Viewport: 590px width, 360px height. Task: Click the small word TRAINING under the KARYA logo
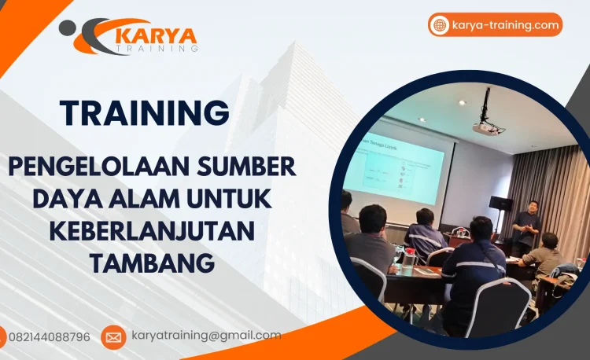click(x=157, y=49)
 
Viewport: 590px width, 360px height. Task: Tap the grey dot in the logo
click(x=68, y=28)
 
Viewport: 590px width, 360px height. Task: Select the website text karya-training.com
click(x=506, y=25)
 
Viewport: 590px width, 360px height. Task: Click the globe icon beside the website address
click(x=441, y=25)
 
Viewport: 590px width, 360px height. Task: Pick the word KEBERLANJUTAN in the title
click(x=153, y=232)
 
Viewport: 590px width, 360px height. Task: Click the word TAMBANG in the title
click(x=153, y=263)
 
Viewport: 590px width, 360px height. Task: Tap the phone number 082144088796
click(x=50, y=337)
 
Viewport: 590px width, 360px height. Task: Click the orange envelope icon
click(x=113, y=337)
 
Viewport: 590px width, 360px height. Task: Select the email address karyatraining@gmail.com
click(x=206, y=336)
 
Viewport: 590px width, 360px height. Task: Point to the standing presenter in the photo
click(x=527, y=226)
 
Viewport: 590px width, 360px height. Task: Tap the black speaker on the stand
click(x=500, y=204)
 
